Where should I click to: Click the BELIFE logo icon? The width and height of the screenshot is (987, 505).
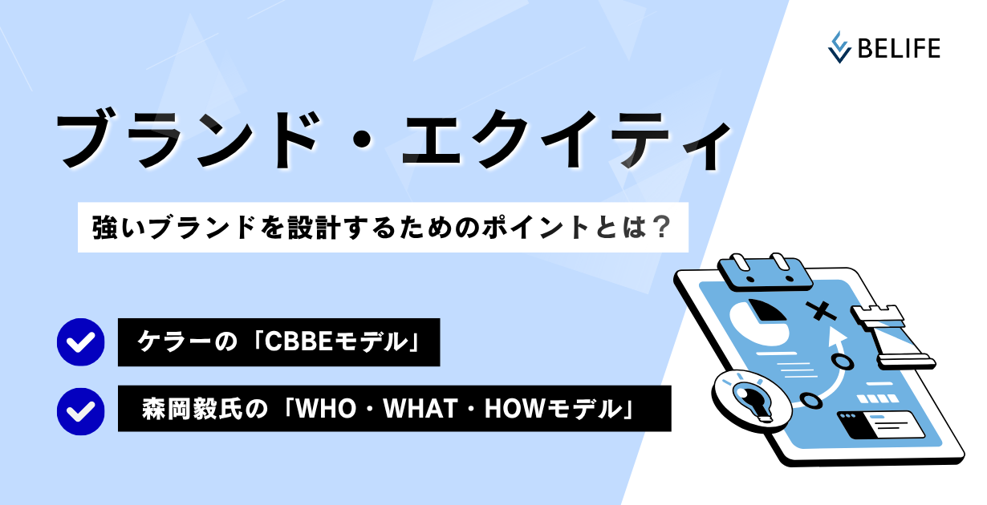click(839, 47)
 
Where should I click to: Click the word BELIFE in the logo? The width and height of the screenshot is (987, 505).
click(899, 48)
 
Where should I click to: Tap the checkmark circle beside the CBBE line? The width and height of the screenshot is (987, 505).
click(80, 342)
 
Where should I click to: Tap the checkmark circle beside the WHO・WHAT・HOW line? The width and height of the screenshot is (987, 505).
click(80, 412)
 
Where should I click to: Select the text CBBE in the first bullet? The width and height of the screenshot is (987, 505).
click(299, 342)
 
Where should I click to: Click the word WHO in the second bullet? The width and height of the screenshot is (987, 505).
click(325, 409)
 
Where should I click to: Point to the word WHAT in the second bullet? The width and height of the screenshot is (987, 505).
click(420, 409)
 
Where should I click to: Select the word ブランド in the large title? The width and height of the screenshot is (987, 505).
click(187, 139)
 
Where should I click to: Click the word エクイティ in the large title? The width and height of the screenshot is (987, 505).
click(567, 139)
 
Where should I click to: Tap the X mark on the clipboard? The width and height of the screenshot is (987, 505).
click(820, 311)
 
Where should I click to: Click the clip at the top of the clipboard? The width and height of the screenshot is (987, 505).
click(765, 272)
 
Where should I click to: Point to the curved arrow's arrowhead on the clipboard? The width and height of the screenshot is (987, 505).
click(837, 337)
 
